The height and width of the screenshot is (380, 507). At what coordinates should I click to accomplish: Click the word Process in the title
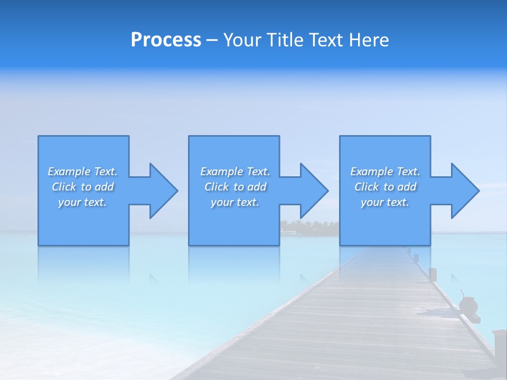pyautogui.click(x=166, y=40)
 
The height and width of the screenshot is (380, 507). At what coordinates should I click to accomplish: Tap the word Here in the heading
pyautogui.click(x=369, y=40)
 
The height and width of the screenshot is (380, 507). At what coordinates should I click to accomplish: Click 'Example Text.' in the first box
pyautogui.click(x=82, y=172)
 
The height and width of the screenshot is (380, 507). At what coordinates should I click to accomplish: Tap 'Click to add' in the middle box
pyautogui.click(x=235, y=187)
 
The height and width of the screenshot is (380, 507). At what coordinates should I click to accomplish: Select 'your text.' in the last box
pyautogui.click(x=385, y=202)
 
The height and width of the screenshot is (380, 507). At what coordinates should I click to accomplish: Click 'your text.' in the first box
pyautogui.click(x=82, y=202)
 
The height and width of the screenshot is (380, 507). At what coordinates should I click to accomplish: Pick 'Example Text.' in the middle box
pyautogui.click(x=235, y=172)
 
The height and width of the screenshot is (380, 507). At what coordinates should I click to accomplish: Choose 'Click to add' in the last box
pyautogui.click(x=385, y=187)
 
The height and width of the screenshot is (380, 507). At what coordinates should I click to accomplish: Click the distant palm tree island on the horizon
pyautogui.click(x=309, y=227)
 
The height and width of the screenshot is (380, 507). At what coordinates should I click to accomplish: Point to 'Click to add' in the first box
pyautogui.click(x=82, y=187)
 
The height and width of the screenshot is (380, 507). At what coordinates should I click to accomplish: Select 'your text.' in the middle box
pyautogui.click(x=235, y=202)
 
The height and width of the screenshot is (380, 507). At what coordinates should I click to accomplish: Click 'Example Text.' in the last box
pyautogui.click(x=385, y=172)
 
